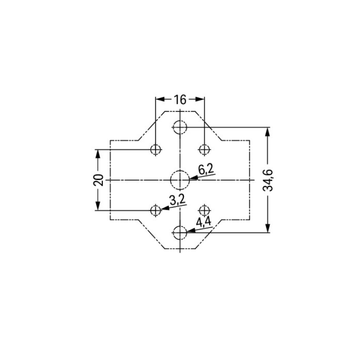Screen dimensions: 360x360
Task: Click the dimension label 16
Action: tap(180, 99)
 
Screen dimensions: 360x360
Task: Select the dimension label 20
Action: tap(98, 180)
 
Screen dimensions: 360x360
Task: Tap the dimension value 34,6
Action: tap(268, 180)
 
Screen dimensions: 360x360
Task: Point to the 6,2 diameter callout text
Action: tap(206, 170)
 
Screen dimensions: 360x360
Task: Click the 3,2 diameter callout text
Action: tap(178, 200)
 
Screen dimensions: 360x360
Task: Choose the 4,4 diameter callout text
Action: tap(204, 222)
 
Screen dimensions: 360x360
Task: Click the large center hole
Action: tap(180, 180)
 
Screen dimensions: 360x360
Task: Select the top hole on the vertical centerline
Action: tap(180, 127)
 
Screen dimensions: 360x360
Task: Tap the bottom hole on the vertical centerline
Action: tap(180, 233)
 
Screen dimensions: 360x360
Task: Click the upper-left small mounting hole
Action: tap(156, 149)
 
